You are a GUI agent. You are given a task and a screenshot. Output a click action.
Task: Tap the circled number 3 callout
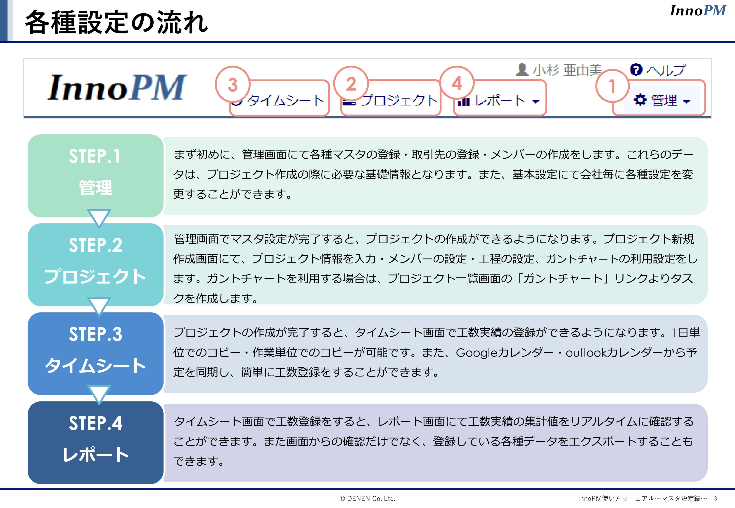(233, 84)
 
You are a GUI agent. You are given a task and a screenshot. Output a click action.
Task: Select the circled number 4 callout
(457, 83)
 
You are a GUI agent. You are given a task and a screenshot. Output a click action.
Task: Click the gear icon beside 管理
(640, 100)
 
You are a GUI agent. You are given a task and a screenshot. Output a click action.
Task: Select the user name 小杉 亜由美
(567, 70)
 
